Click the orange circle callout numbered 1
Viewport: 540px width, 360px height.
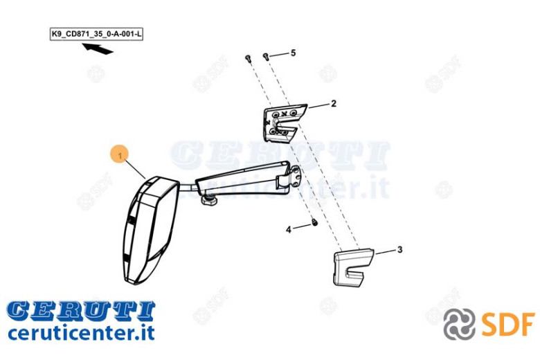(119, 156)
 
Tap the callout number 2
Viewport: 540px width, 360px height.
(334, 103)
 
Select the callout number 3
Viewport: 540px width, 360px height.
(400, 249)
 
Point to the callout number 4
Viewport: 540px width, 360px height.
(289, 229)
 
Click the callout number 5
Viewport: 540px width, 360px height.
(293, 53)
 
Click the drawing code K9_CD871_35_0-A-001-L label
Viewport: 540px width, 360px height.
(96, 34)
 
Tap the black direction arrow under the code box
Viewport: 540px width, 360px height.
(98, 48)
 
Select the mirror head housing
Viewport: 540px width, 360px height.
(150, 230)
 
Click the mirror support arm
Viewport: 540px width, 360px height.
(241, 179)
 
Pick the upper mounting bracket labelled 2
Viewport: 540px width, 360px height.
(283, 123)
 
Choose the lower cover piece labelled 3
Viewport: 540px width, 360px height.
(353, 268)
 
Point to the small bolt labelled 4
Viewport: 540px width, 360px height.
(314, 222)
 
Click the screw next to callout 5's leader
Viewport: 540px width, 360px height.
(266, 56)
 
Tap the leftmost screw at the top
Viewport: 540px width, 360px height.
(248, 59)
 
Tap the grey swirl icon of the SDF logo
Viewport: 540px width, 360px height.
(459, 324)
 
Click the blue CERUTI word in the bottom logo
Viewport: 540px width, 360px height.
(81, 310)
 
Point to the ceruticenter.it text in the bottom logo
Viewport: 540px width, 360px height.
(81, 332)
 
